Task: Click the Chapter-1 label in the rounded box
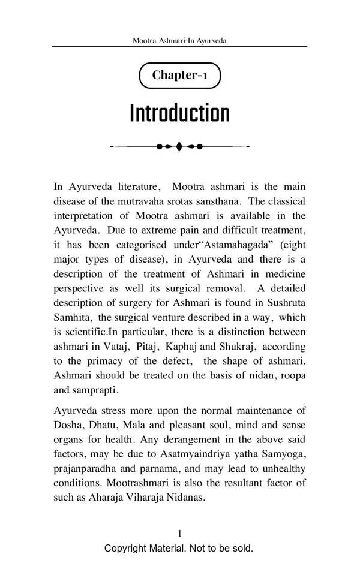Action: click(179, 75)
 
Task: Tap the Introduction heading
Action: click(179, 113)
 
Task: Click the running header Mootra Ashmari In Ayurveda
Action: click(179, 41)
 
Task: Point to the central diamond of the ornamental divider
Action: click(179, 146)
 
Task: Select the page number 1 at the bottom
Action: click(179, 533)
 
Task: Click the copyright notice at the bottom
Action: click(179, 548)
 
